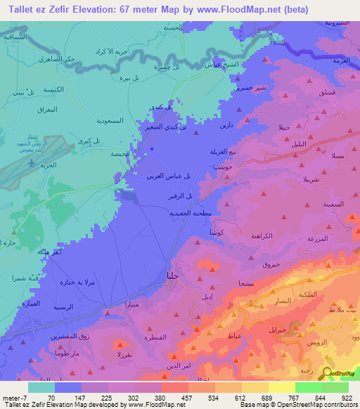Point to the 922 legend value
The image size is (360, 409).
coord(347,398)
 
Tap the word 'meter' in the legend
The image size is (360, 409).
coord(12,398)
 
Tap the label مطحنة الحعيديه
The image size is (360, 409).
coord(168,212)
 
